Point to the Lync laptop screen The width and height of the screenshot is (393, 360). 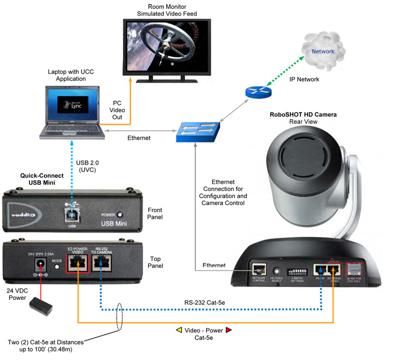pos(75,104)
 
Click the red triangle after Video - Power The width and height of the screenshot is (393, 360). pos(229,330)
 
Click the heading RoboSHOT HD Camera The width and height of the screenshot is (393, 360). pos(303,115)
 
